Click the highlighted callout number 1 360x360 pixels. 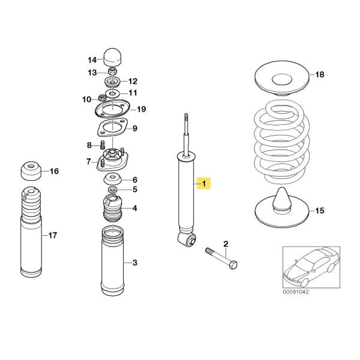(205, 183)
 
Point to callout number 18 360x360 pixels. (319, 74)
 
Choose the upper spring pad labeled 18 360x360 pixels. (280, 80)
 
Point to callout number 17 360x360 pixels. (53, 235)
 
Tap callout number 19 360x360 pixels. (141, 109)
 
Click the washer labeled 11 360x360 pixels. (113, 93)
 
